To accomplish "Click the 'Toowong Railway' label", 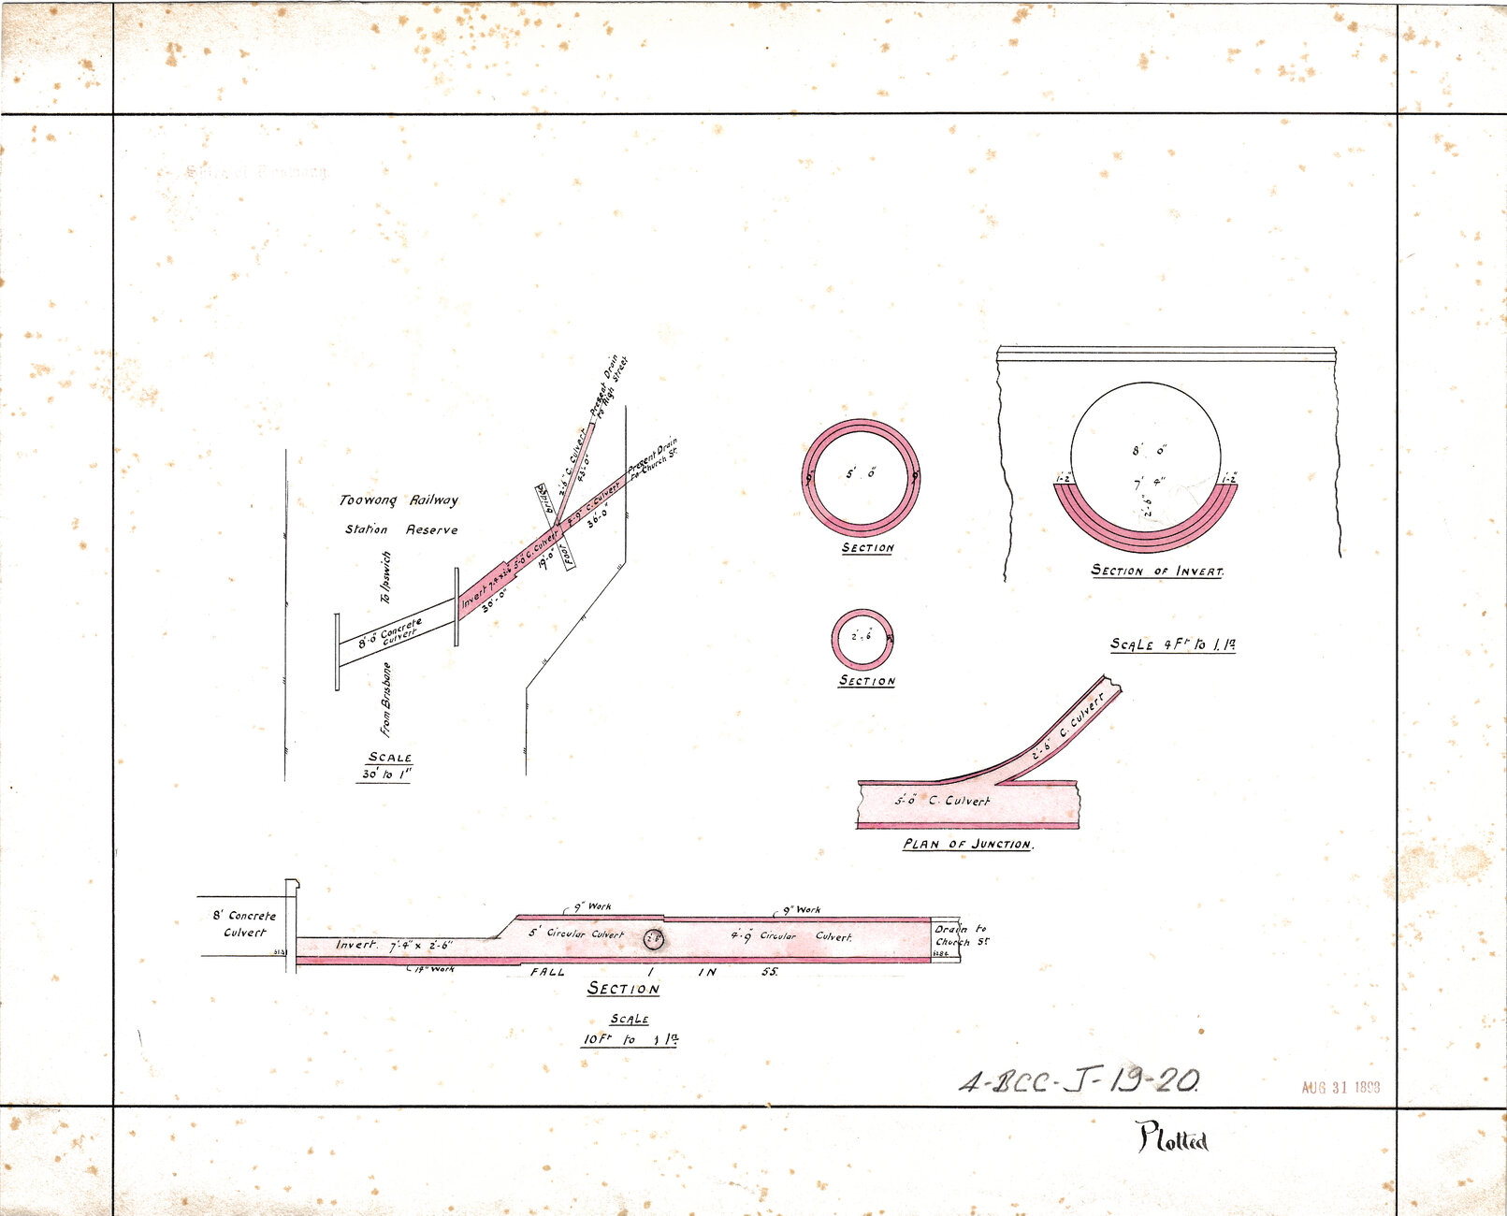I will tap(398, 500).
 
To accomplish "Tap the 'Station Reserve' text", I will tap(401, 529).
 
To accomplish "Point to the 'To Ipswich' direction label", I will tap(385, 577).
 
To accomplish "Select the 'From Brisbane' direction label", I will tap(385, 699).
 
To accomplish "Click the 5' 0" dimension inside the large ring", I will tap(861, 474).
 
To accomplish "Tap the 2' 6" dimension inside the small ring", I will tap(862, 637).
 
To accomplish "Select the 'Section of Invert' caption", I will tap(1157, 571).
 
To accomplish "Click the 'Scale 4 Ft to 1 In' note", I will tap(1172, 644).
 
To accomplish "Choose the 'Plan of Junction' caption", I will tap(967, 844).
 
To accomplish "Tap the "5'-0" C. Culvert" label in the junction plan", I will tap(941, 802).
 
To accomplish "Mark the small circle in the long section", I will tap(654, 939).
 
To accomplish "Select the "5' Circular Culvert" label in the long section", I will tap(575, 934).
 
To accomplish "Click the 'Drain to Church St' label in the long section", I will tap(961, 935).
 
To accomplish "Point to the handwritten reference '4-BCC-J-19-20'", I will tap(1080, 1081).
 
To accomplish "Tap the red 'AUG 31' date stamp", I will tap(1340, 1087).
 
